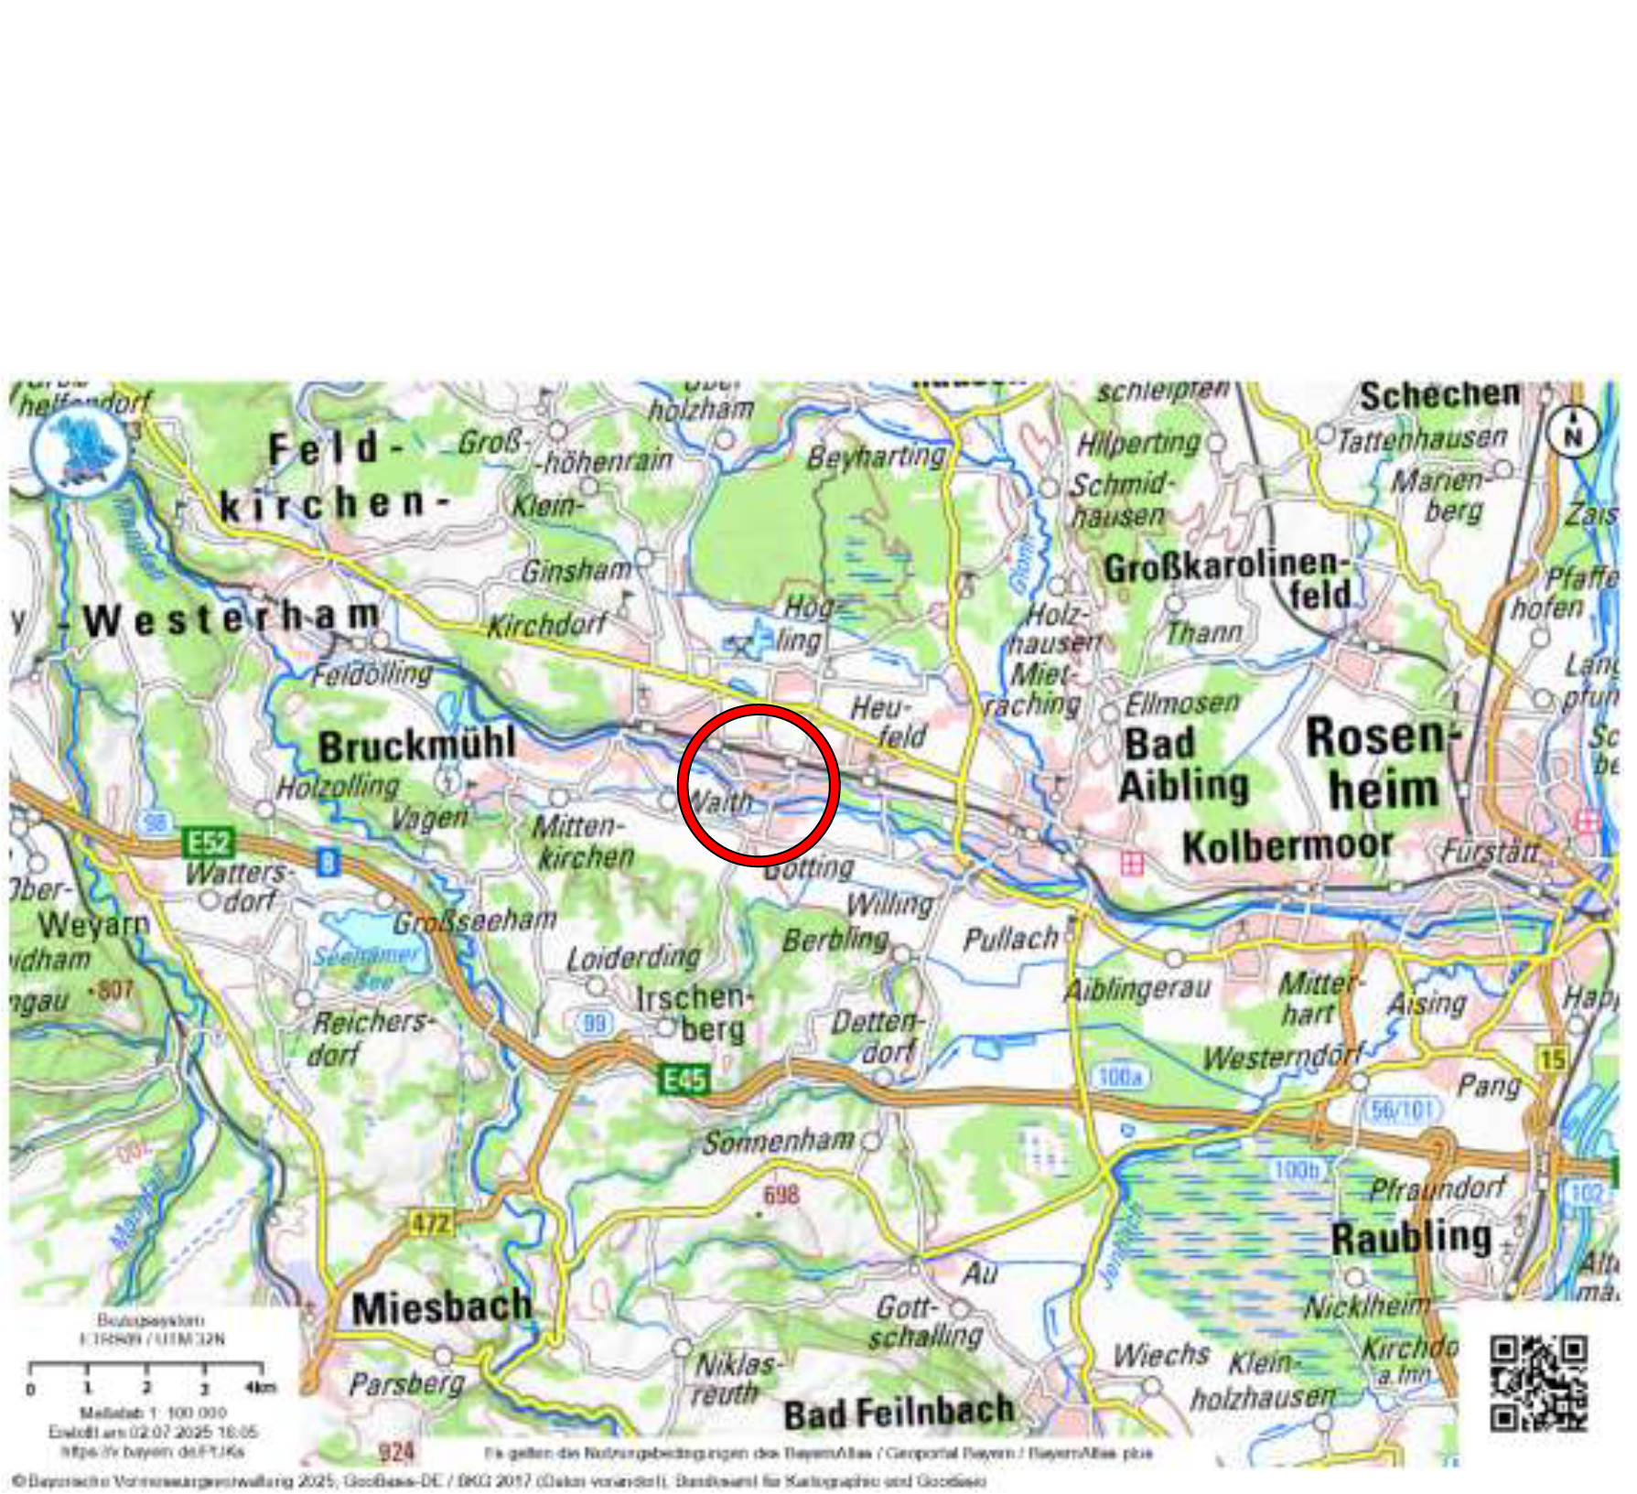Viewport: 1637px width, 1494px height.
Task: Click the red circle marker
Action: pos(758,784)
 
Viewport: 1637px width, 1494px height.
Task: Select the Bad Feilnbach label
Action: pos(899,1412)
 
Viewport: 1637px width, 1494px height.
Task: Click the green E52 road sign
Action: pos(209,841)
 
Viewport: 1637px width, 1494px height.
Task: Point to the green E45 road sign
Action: pos(684,1080)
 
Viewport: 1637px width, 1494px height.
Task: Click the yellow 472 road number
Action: pos(429,1222)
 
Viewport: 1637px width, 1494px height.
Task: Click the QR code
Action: pos(1538,1382)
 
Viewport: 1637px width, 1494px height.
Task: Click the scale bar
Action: pos(146,1369)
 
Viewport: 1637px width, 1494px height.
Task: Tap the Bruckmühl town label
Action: pos(416,745)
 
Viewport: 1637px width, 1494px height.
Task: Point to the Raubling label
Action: pos(1411,1238)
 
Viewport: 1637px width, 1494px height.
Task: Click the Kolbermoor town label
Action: pos(1287,846)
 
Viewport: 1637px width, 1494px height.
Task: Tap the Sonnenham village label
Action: pos(778,1141)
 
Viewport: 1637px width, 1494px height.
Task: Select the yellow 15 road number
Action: pos(1553,1059)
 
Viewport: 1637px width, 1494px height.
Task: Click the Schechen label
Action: pos(1439,396)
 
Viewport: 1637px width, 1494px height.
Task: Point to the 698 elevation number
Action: pos(781,1194)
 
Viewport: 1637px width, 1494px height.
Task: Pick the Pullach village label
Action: pos(1009,939)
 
